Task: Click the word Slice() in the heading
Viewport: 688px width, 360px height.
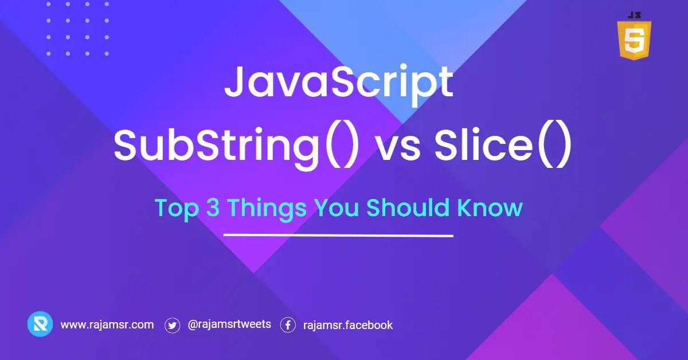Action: click(x=502, y=146)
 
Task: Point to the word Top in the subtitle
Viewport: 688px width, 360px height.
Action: click(x=174, y=208)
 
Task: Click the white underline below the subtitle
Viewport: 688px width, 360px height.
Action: click(x=338, y=235)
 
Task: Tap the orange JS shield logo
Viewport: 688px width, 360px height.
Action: click(x=634, y=39)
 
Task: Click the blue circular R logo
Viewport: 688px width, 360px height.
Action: click(x=40, y=324)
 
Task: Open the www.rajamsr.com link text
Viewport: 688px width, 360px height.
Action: click(x=107, y=324)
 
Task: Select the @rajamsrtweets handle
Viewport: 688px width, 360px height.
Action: click(x=229, y=324)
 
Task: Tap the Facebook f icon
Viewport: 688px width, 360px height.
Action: click(x=288, y=325)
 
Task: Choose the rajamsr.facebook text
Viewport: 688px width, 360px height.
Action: click(x=348, y=325)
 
